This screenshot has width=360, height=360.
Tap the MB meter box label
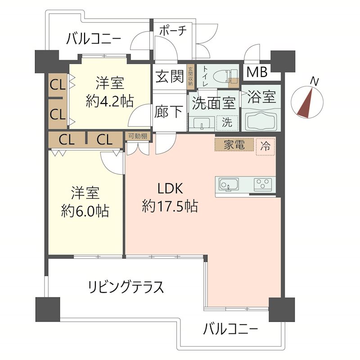point(256,72)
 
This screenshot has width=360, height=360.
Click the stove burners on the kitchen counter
point(263,184)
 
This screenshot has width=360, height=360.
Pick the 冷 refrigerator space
point(265,146)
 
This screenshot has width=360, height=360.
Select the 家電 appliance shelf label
point(234,145)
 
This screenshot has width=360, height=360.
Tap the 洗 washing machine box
point(227,122)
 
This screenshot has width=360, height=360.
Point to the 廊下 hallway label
point(169,112)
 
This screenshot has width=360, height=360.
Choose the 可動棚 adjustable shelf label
point(137,136)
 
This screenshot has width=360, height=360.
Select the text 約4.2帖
point(109,101)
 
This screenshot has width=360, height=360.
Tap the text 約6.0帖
point(85,211)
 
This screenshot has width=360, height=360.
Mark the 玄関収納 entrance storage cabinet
point(190,76)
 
